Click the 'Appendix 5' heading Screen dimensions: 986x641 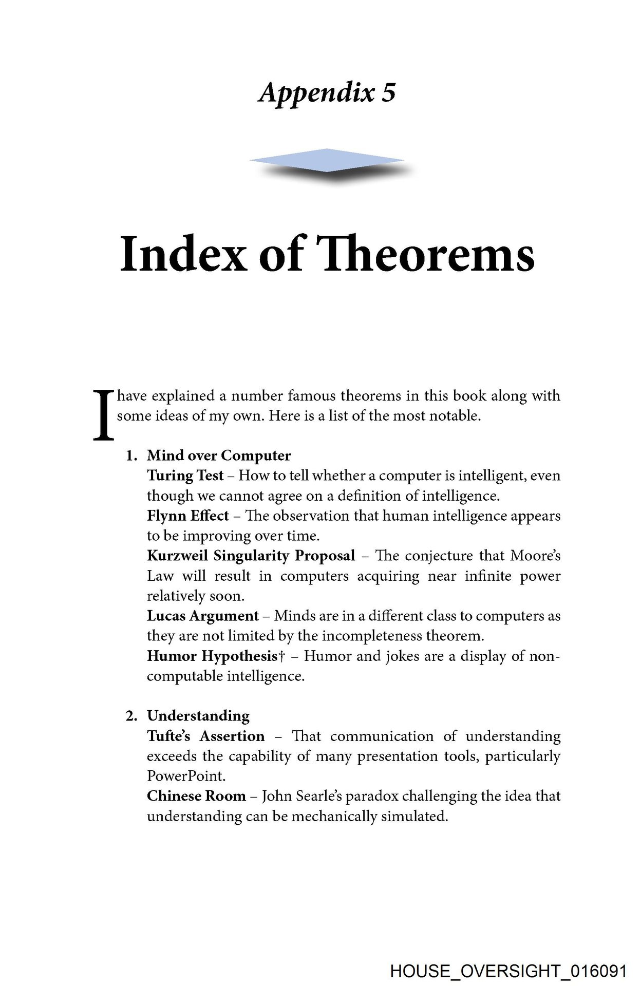pyautogui.click(x=327, y=93)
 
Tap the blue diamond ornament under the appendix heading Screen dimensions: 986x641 pyautogui.click(x=327, y=161)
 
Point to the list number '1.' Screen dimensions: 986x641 pyautogui.click(x=133, y=456)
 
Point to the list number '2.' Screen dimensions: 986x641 pyautogui.click(x=133, y=716)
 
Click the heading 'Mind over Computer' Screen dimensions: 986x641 pyautogui.click(x=219, y=456)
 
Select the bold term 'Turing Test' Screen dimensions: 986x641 pyautogui.click(x=185, y=476)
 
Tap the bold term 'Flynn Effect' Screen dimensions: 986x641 pyautogui.click(x=188, y=516)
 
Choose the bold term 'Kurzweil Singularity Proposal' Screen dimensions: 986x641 pyautogui.click(x=251, y=556)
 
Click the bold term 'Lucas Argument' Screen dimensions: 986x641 pyautogui.click(x=202, y=616)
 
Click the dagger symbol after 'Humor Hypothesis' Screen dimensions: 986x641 pyautogui.click(x=281, y=656)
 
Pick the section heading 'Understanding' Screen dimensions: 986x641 pyautogui.click(x=198, y=716)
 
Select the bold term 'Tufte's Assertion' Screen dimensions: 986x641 pyautogui.click(x=205, y=736)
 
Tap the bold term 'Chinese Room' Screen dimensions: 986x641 pyautogui.click(x=196, y=796)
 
